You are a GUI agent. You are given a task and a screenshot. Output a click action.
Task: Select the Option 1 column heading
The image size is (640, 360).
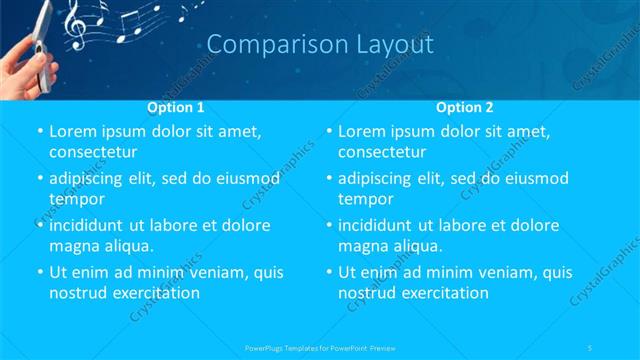pyautogui.click(x=176, y=106)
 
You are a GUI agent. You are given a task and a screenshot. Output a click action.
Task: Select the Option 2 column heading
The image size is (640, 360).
pyautogui.click(x=465, y=106)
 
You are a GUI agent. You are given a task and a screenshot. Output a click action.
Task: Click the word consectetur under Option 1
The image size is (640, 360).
pyautogui.click(x=93, y=152)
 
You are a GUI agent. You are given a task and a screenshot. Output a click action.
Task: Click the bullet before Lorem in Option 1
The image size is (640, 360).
pyautogui.click(x=38, y=132)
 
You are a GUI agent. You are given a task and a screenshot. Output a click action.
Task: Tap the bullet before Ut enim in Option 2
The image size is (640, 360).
pyautogui.click(x=328, y=273)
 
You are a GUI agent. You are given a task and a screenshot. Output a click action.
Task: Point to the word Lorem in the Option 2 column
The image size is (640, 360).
pyautogui.click(x=366, y=131)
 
